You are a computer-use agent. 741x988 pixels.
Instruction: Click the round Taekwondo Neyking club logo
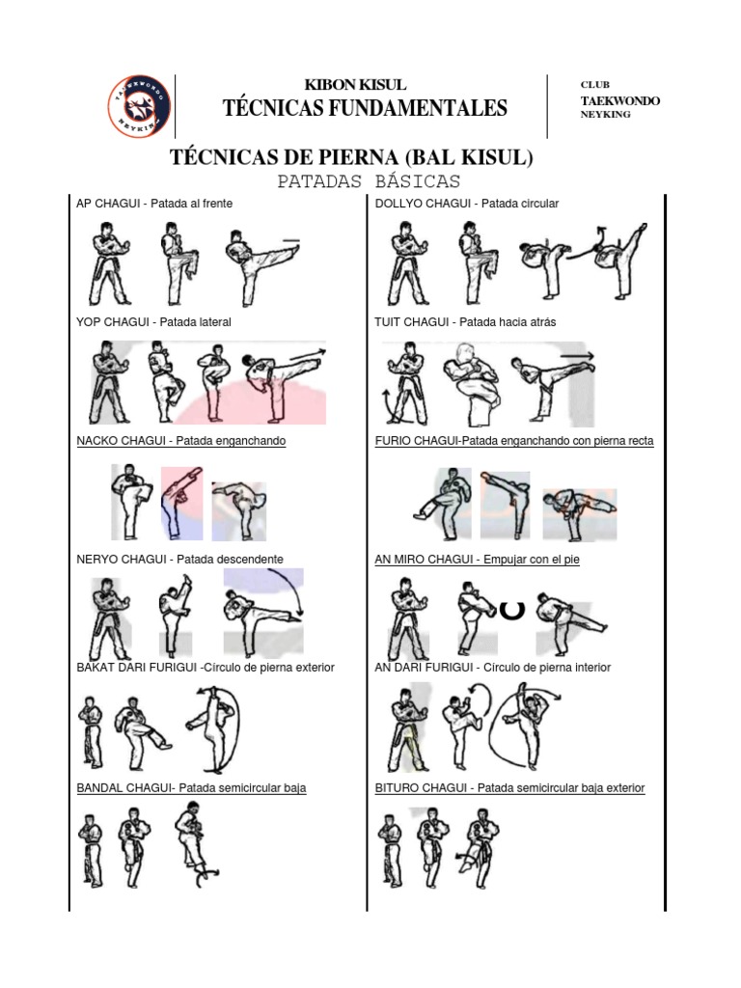[x=139, y=106]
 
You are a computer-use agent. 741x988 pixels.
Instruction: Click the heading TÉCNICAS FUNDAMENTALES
[x=365, y=108]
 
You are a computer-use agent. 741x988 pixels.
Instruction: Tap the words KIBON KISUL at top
[x=355, y=85]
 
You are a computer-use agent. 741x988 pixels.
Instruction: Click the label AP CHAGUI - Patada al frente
[x=154, y=204]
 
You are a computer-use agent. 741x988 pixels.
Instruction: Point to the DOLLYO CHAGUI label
[x=466, y=204]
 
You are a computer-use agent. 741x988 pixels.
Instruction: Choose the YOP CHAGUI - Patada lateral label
[x=153, y=322]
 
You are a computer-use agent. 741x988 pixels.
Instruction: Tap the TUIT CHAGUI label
[x=465, y=322]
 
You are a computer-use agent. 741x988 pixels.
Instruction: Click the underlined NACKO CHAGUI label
[x=180, y=441]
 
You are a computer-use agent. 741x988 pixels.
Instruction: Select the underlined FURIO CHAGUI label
[x=513, y=441]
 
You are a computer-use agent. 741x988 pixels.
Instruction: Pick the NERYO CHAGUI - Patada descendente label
[x=179, y=559]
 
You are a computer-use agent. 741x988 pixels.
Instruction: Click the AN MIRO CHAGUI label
[x=477, y=559]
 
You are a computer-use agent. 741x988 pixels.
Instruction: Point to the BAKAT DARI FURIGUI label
[x=205, y=668]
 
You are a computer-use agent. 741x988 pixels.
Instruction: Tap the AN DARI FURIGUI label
[x=492, y=668]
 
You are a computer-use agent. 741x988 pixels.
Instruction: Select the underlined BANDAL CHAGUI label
[x=191, y=788]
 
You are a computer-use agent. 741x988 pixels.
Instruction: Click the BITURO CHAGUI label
[x=509, y=788]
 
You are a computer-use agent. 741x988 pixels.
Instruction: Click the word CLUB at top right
[x=594, y=85]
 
